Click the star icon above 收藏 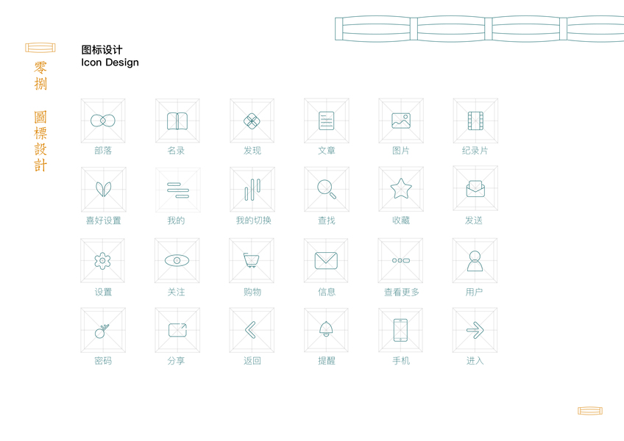pyautogui.click(x=401, y=189)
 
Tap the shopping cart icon pyautogui.click(x=252, y=260)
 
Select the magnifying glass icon pyautogui.click(x=327, y=189)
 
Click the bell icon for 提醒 pyautogui.click(x=326, y=329)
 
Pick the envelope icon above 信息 pyautogui.click(x=326, y=260)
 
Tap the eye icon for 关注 pyautogui.click(x=177, y=260)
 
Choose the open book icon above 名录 pyautogui.click(x=177, y=121)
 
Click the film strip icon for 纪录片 pyautogui.click(x=475, y=121)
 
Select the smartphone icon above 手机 pyautogui.click(x=400, y=330)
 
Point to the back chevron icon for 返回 pyautogui.click(x=251, y=330)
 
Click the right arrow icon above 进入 pyautogui.click(x=475, y=330)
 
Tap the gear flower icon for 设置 pyautogui.click(x=102, y=260)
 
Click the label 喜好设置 pyautogui.click(x=103, y=220)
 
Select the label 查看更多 pyautogui.click(x=401, y=292)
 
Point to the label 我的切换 pyautogui.click(x=252, y=220)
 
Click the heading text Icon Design pyautogui.click(x=110, y=62)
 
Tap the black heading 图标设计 pyautogui.click(x=102, y=50)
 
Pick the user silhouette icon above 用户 pyautogui.click(x=475, y=260)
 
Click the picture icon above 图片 pyautogui.click(x=400, y=121)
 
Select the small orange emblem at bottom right pyautogui.click(x=590, y=411)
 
